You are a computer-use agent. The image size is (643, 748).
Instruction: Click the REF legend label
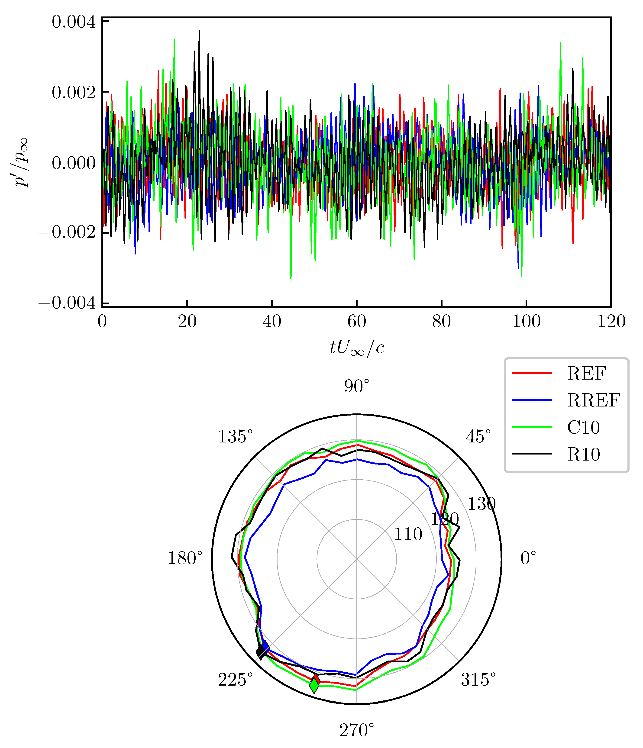[x=586, y=373]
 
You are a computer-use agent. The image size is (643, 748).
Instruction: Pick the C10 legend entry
[x=583, y=427]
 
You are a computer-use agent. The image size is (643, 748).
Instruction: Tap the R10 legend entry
[x=583, y=454]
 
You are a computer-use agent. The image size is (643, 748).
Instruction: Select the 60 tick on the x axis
[x=357, y=321]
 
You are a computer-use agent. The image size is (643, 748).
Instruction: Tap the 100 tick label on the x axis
[x=526, y=321]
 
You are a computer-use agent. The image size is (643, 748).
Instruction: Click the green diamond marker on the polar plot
[x=314, y=685]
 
